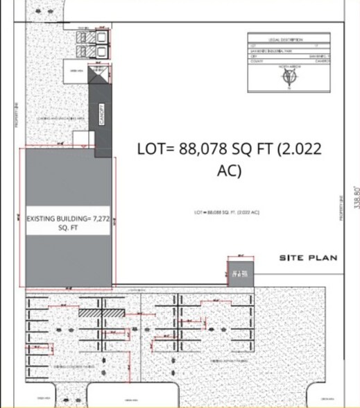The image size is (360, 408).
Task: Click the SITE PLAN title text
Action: click(x=308, y=258)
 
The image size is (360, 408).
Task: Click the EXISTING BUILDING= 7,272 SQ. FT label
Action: click(x=67, y=223)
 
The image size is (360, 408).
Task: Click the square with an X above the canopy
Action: click(x=99, y=76)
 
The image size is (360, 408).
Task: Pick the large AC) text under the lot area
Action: click(x=230, y=171)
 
